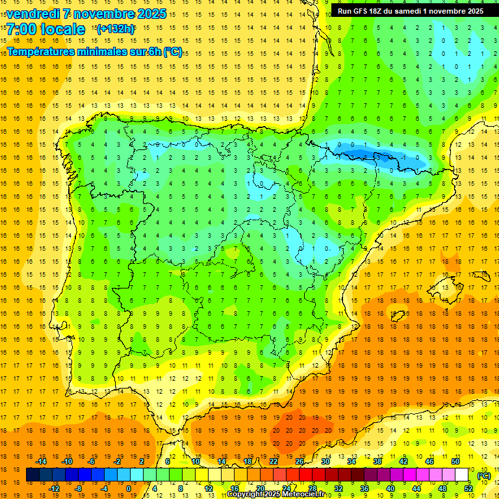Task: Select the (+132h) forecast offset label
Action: [x=115, y=29]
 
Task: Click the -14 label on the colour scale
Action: [x=42, y=461]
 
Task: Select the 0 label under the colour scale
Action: [x=129, y=489]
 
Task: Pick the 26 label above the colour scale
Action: [x=300, y=461]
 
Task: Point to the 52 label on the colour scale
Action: [x=468, y=489]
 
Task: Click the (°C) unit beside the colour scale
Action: [x=484, y=476]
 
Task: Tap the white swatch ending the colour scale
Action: [x=462, y=476]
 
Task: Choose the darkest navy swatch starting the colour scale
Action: [x=32, y=476]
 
